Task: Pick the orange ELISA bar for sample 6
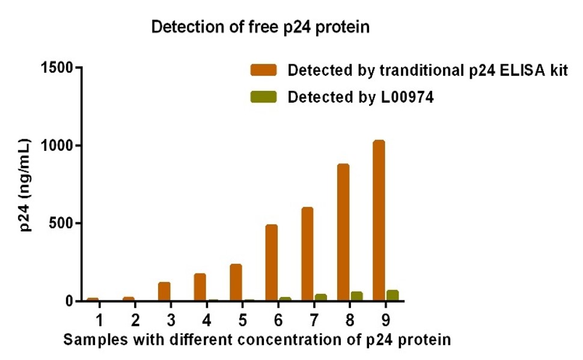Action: [x=272, y=263]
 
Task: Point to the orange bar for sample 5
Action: [x=236, y=282]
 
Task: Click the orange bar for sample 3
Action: [x=164, y=291]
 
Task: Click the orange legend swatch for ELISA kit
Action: [x=264, y=70]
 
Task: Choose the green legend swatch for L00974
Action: [x=264, y=97]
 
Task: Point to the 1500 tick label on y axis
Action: [x=58, y=68]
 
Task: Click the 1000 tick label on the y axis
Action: [x=58, y=145]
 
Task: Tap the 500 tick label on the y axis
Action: [x=62, y=223]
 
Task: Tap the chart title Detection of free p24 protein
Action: [x=260, y=27]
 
